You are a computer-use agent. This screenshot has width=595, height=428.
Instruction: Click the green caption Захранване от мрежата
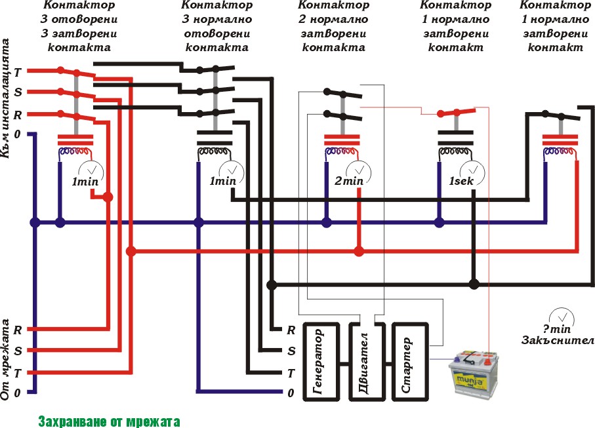click(x=108, y=421)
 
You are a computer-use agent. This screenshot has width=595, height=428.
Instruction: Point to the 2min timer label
click(x=349, y=181)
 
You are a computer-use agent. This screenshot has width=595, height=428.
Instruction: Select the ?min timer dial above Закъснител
click(x=559, y=317)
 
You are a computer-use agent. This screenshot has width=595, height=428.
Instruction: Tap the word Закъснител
click(x=558, y=340)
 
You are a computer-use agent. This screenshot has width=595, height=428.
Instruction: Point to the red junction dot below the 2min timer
click(x=358, y=251)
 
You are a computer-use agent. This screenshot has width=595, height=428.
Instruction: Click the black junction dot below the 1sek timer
click(x=474, y=284)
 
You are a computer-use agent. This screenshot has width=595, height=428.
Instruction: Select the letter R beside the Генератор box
click(x=291, y=330)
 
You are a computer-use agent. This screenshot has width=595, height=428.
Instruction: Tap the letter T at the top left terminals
click(x=18, y=71)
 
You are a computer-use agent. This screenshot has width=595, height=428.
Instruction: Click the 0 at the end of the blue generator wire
click(x=291, y=393)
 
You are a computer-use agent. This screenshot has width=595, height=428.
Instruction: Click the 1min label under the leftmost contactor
click(x=85, y=181)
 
